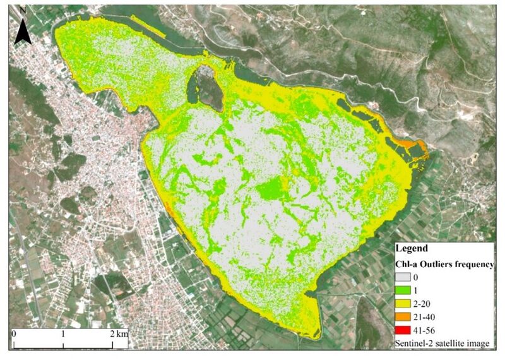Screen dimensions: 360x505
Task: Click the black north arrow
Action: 23,32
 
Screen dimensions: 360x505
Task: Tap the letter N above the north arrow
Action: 23,11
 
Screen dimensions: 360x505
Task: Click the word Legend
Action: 411,248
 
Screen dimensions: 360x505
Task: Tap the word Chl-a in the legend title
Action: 407,263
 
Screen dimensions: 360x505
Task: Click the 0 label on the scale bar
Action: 14,332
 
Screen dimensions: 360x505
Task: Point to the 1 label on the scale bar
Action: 63,332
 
